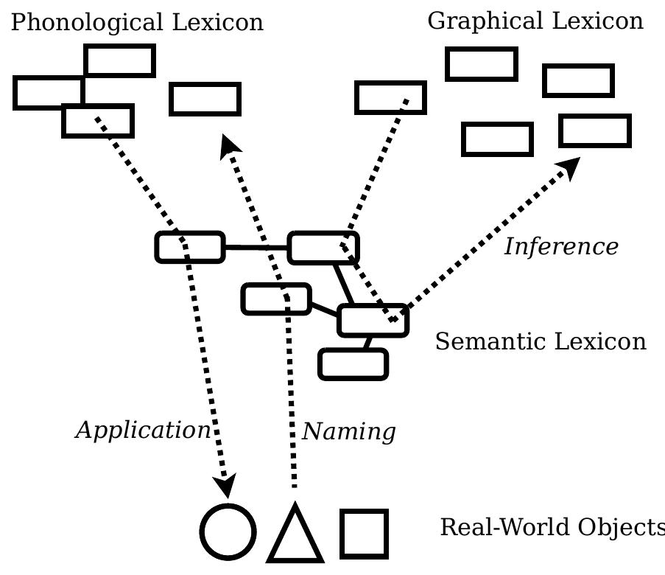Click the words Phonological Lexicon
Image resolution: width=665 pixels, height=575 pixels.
click(137, 22)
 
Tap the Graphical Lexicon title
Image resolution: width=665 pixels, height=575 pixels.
click(535, 21)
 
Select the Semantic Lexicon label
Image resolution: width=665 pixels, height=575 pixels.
click(541, 342)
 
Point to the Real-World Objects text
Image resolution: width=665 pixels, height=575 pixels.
click(552, 528)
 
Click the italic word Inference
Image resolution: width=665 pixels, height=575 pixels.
click(561, 247)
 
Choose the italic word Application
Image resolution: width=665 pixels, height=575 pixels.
click(143, 431)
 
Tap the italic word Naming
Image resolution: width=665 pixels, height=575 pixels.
click(349, 432)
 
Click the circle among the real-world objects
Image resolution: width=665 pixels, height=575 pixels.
click(228, 532)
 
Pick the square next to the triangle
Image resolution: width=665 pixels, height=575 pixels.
click(364, 533)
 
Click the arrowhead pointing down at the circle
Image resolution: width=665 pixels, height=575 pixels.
click(225, 487)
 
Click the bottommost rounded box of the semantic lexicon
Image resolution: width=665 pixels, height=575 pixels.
click(353, 364)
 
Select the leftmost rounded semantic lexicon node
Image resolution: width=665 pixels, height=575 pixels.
click(190, 247)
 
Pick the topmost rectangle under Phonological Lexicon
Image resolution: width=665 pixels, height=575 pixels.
click(119, 60)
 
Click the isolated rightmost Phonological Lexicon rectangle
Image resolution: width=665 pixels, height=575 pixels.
click(205, 99)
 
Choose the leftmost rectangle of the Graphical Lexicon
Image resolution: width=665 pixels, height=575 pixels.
click(390, 97)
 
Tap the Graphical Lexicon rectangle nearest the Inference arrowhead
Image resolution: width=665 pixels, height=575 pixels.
click(595, 131)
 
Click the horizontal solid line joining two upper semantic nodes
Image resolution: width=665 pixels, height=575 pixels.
click(256, 248)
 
